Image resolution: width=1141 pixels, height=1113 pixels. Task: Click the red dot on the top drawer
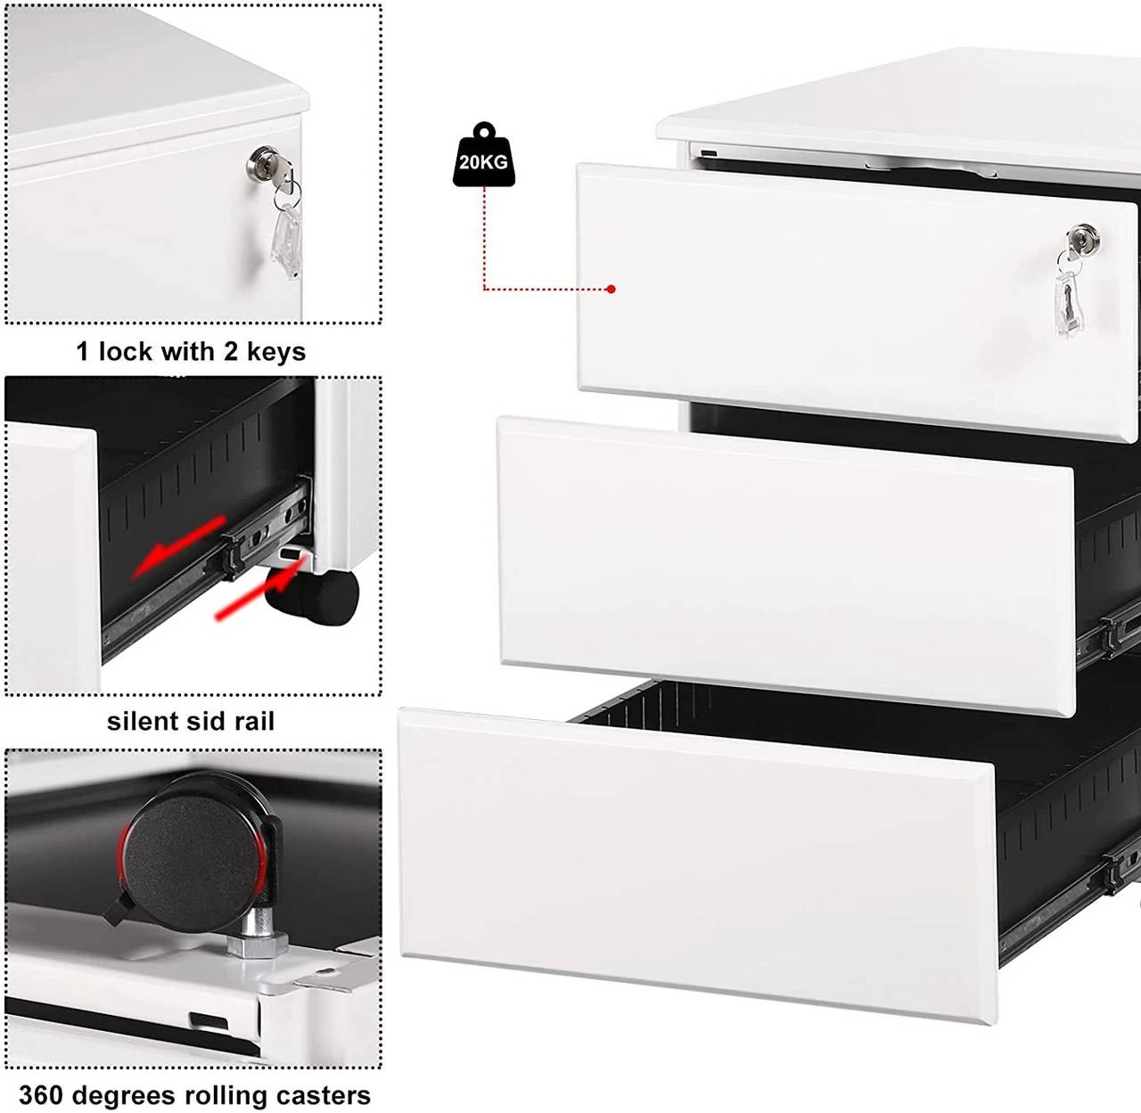pos(611,289)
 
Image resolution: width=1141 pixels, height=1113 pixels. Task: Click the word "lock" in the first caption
pos(125,352)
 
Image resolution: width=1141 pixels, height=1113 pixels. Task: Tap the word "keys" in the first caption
pos(275,352)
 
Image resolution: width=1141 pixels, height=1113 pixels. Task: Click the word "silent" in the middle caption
pos(145,721)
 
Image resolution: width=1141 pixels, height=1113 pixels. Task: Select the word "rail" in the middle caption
pos(256,721)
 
